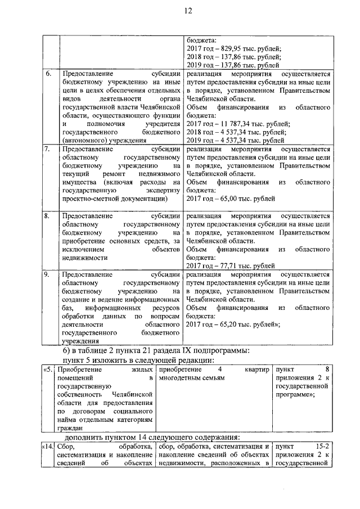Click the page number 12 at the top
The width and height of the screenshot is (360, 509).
coord(180,12)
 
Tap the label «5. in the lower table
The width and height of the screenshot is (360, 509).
coord(49,370)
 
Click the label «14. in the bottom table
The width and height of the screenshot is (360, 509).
coord(48,447)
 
